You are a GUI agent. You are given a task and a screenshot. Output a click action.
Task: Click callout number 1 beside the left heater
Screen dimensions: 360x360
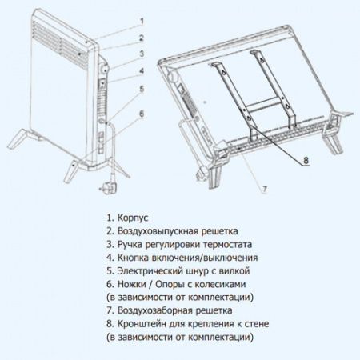(142, 20)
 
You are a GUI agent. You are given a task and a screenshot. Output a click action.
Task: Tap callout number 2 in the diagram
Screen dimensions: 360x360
(142, 38)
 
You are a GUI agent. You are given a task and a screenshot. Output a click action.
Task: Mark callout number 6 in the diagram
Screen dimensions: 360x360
(142, 114)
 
